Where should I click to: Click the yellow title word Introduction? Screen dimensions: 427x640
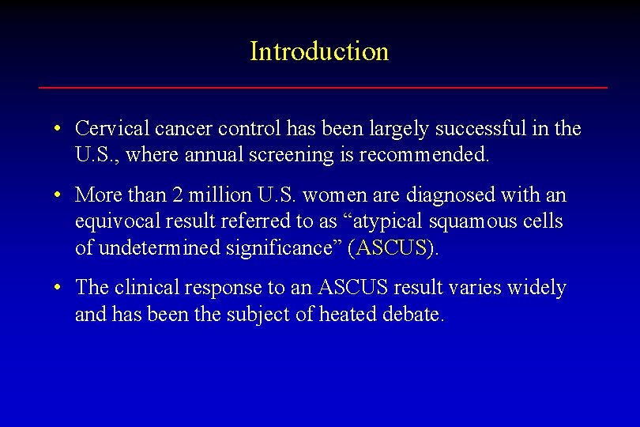pos(319,51)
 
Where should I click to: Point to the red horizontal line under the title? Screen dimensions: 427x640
pos(322,87)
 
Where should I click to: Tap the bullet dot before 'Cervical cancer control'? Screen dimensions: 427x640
pos(59,128)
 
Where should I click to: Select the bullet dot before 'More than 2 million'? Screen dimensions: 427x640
pos(59,195)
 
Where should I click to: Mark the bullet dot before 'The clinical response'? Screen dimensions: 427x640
pos(59,288)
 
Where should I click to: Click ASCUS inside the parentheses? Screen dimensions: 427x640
pos(392,248)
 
